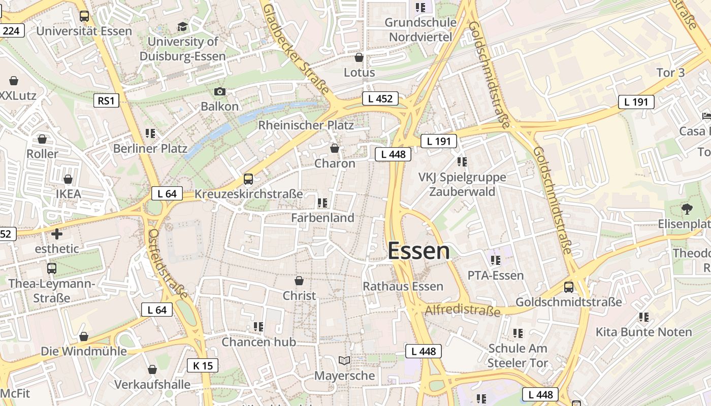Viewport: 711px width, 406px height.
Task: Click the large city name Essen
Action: coord(418,251)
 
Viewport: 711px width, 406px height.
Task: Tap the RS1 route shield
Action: coord(106,100)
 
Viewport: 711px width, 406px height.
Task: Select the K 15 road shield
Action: coord(203,365)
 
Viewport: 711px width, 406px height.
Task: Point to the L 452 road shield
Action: coord(380,98)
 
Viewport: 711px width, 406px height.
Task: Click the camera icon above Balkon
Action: coord(219,92)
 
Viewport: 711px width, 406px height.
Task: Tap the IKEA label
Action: coord(69,194)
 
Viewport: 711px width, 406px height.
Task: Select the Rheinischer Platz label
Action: coord(306,125)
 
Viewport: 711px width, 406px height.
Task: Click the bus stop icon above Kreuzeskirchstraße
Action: coord(248,179)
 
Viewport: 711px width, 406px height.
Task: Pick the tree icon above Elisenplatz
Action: coord(687,208)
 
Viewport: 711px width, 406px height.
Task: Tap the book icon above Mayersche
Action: coord(344,361)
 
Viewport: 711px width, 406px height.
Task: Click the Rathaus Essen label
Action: coord(403,286)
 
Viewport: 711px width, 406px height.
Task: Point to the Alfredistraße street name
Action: coord(463,310)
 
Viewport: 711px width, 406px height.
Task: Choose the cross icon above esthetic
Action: coord(57,234)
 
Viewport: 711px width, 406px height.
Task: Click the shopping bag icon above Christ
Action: coord(299,281)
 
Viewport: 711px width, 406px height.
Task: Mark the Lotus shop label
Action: coord(359,72)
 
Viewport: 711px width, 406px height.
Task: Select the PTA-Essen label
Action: coord(495,276)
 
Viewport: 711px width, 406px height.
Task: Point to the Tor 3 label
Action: coord(670,73)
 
